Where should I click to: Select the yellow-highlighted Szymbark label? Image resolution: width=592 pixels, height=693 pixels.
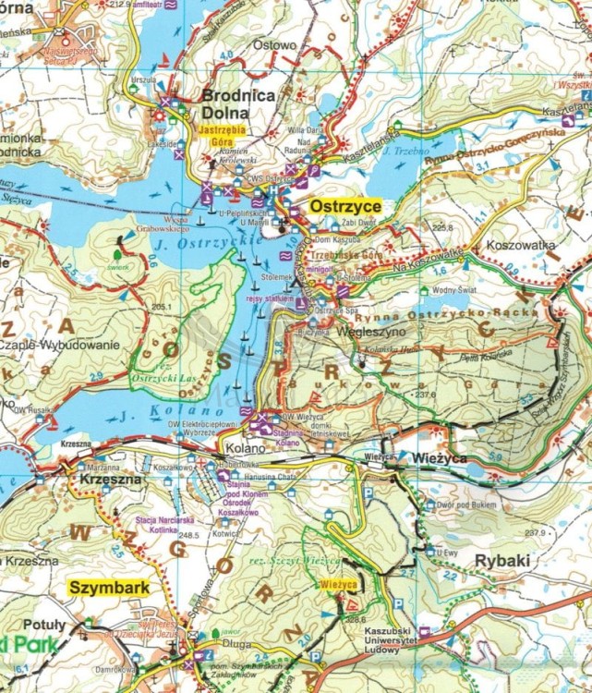click(107, 587)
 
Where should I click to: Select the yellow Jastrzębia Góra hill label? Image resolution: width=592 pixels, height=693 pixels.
click(218, 138)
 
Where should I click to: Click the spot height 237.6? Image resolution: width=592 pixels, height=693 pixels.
click(425, 395)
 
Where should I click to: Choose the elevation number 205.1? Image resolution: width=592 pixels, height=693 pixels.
click(163, 307)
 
